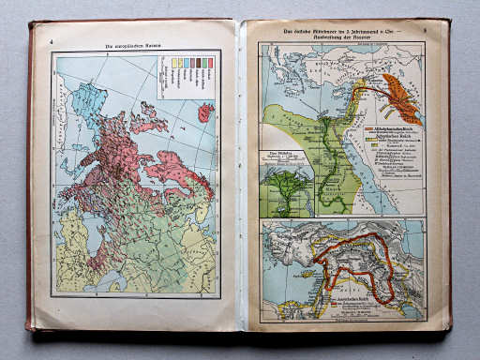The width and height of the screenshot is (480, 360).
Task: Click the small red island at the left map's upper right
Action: point(205,112)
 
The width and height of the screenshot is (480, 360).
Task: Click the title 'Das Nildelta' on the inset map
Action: point(276,156)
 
